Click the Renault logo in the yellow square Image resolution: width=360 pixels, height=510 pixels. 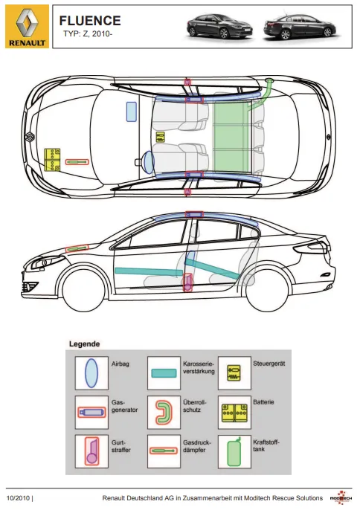(27, 22)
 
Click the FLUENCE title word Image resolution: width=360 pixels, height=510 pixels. (90, 21)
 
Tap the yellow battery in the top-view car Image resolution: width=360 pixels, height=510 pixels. (52, 159)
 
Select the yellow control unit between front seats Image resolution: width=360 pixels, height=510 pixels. (161, 137)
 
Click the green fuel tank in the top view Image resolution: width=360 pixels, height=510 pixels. (231, 137)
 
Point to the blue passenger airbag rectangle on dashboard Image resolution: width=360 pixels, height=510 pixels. (131, 112)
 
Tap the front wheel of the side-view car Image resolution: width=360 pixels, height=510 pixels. (84, 289)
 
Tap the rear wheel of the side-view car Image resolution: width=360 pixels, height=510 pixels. (268, 289)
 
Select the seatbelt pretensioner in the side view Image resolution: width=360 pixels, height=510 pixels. (188, 283)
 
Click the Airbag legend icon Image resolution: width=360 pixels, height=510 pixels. (91, 373)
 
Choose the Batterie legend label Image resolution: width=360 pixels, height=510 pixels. (263, 402)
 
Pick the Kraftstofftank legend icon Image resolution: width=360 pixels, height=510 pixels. (234, 452)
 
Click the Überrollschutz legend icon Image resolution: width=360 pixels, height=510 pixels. (164, 413)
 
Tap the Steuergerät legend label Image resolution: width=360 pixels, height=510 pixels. (269, 364)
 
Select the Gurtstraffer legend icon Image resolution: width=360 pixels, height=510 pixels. (91, 451)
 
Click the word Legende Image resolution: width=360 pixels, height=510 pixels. (85, 344)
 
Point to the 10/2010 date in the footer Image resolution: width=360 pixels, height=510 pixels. (19, 498)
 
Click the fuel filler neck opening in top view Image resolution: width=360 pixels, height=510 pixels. (269, 80)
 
